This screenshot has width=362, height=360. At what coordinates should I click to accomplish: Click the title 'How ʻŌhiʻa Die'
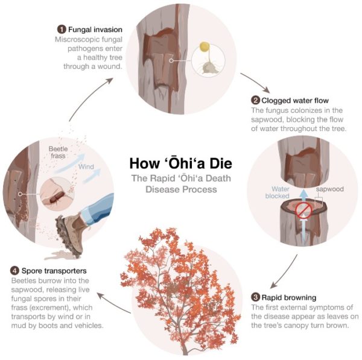[x=180, y=164]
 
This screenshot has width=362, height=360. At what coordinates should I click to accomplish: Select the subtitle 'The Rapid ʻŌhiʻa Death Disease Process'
[x=180, y=183]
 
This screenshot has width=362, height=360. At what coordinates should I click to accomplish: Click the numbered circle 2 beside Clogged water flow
[x=255, y=101]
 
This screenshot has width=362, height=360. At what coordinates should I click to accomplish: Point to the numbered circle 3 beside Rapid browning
[x=255, y=297]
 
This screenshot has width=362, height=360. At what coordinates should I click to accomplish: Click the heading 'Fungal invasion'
[x=95, y=29]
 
